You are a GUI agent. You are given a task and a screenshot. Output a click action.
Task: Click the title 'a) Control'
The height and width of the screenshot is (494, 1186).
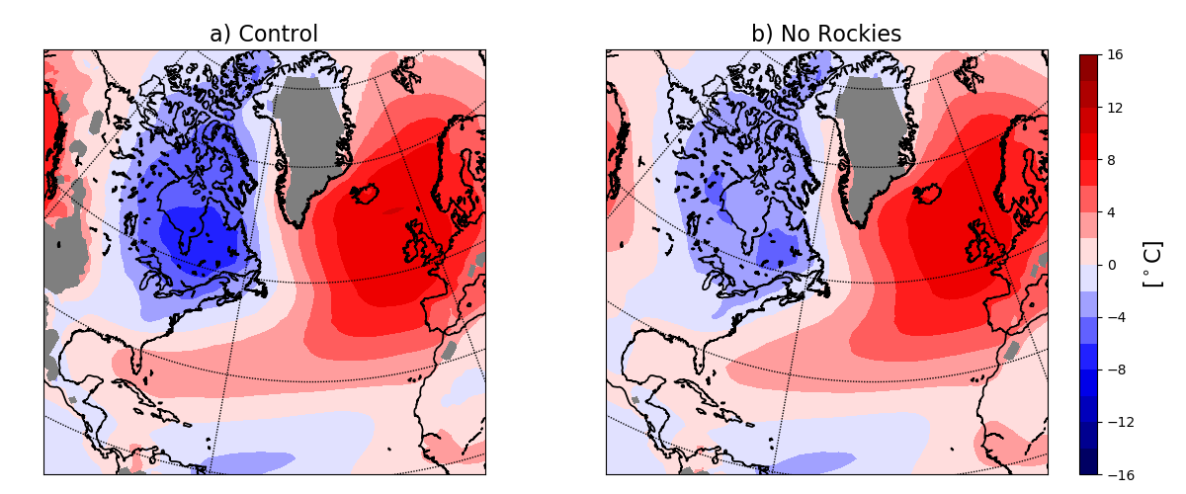[x=264, y=35]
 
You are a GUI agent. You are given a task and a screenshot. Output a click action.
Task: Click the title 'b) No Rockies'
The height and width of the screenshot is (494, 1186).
[x=826, y=35]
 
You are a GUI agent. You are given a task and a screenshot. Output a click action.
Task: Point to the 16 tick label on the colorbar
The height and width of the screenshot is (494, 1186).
[x=1114, y=55]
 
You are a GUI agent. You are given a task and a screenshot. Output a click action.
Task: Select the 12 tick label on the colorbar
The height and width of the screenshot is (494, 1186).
[x=1114, y=108]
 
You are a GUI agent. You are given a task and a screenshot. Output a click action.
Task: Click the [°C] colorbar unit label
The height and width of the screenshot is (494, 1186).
[x=1152, y=264]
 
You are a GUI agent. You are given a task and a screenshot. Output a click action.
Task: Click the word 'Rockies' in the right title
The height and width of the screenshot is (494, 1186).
[x=863, y=35]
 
